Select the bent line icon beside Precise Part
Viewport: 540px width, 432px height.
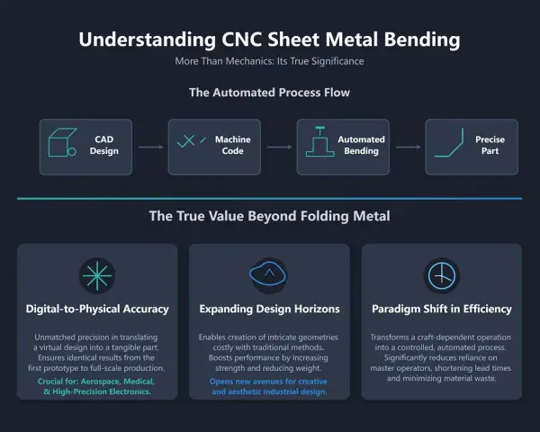tap(449, 142)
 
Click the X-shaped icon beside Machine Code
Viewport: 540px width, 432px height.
tap(186, 141)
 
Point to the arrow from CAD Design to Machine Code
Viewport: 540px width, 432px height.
tap(151, 147)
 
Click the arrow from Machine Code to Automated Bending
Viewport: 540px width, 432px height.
tap(280, 147)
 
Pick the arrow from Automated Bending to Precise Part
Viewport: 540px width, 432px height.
tap(409, 147)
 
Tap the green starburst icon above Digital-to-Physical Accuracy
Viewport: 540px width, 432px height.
tap(97, 275)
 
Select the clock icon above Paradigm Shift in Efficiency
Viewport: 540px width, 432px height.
tap(442, 276)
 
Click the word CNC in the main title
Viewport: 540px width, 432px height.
tap(242, 40)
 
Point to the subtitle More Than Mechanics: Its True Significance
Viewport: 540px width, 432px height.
tap(269, 61)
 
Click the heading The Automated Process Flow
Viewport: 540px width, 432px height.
tap(269, 93)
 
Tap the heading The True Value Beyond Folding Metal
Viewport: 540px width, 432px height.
tap(270, 216)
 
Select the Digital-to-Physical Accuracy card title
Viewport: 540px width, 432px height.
tap(97, 309)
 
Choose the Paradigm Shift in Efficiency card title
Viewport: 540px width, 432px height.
tap(442, 309)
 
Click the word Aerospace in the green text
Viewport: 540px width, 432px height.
tap(100, 382)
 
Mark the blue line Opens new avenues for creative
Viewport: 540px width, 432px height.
tap(268, 382)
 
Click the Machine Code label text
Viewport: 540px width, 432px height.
tap(233, 145)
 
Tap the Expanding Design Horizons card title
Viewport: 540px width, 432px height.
tap(270, 309)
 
